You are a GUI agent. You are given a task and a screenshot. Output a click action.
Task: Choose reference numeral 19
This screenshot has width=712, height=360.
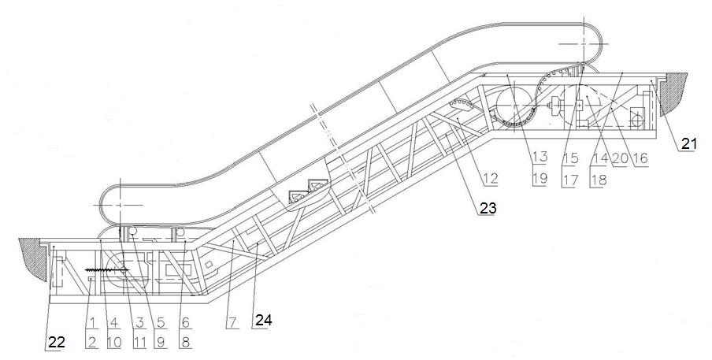pyautogui.click(x=539, y=178)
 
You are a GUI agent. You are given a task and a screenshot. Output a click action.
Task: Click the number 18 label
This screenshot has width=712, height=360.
pyautogui.click(x=599, y=178)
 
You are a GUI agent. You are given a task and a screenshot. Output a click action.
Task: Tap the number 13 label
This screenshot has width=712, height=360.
pyautogui.click(x=539, y=157)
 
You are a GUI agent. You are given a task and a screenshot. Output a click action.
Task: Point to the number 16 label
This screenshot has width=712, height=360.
pyautogui.click(x=639, y=157)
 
